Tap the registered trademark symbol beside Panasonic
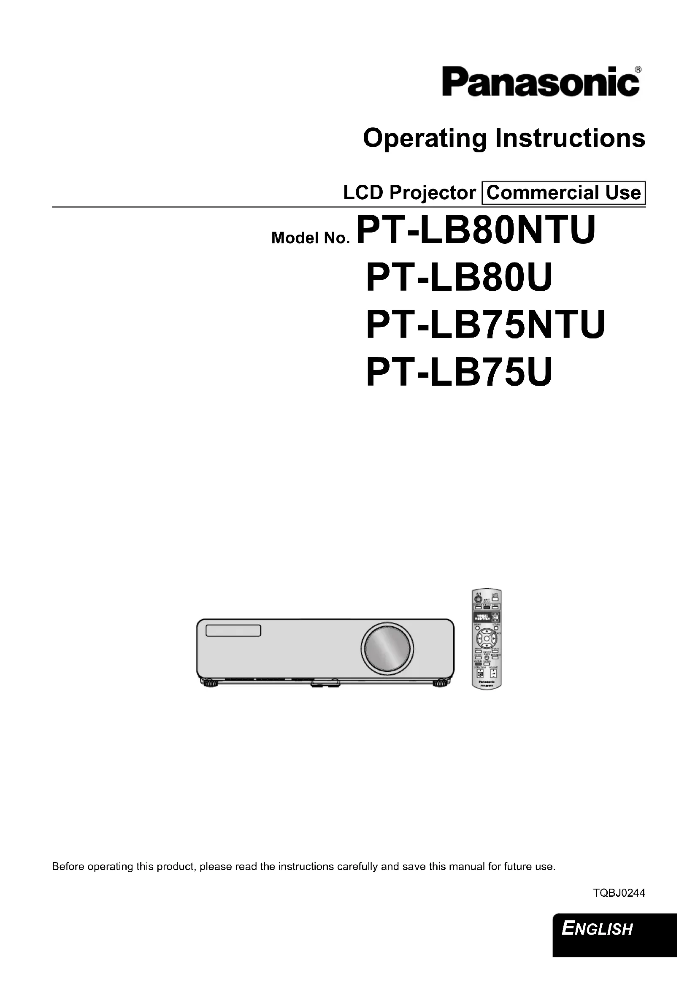coord(638,69)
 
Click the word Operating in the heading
coord(425,139)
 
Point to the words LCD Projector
coord(409,192)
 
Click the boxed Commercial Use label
coord(563,192)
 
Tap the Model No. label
coord(310,237)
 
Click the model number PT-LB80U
coord(459,278)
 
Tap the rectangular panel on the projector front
coord(233,630)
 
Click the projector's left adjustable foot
coord(209,682)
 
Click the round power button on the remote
coord(478,598)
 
